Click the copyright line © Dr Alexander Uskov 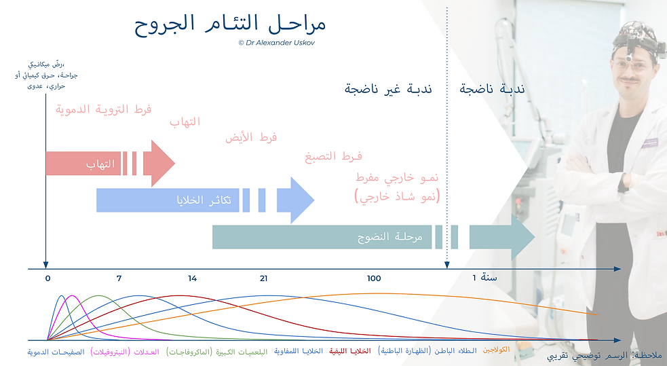pos(277,43)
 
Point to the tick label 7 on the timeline pos(119,279)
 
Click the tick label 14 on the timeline pos(193,279)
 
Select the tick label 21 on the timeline pos(264,279)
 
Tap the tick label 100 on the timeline pos(374,279)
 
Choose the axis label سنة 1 pos(484,278)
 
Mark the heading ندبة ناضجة pos(492,90)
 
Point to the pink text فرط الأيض pos(251,138)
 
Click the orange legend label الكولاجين pos(496,349)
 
